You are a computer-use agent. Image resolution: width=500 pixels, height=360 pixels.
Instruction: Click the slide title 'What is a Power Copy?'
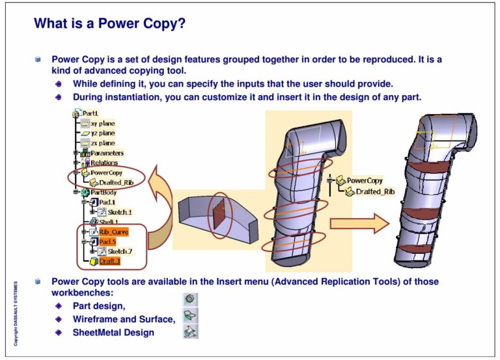pyautogui.click(x=109, y=24)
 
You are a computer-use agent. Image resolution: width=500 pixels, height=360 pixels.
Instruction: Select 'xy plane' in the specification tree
pyautogui.click(x=102, y=123)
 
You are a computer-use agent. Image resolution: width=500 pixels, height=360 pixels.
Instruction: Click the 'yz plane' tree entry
pyautogui.click(x=102, y=133)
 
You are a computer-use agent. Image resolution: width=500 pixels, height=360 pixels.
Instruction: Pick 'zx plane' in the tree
pyautogui.click(x=102, y=143)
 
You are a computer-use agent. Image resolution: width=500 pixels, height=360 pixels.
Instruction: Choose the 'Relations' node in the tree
pyautogui.click(x=104, y=163)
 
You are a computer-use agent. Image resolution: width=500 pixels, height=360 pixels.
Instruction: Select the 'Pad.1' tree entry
pyautogui.click(x=107, y=202)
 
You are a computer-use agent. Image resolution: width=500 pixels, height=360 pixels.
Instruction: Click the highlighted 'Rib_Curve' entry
pyautogui.click(x=113, y=232)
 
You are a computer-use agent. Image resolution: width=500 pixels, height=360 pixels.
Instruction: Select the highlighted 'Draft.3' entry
pyautogui.click(x=109, y=261)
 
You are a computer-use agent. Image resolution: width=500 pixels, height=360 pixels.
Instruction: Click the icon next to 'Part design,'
pyautogui.click(x=191, y=300)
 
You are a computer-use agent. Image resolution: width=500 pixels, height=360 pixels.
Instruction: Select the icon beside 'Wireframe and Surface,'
pyautogui.click(x=191, y=316)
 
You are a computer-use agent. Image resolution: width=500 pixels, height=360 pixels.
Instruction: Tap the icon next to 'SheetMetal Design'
pyautogui.click(x=191, y=332)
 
